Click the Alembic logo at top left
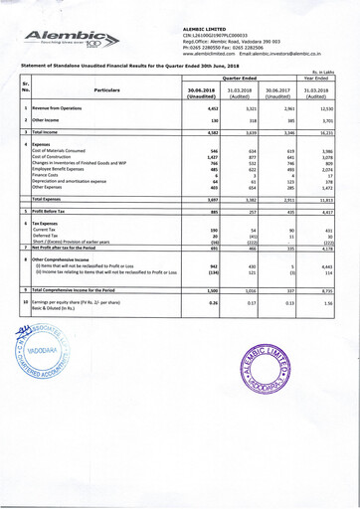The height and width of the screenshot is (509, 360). (x=63, y=37)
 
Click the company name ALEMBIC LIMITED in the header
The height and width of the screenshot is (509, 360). (x=213, y=31)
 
